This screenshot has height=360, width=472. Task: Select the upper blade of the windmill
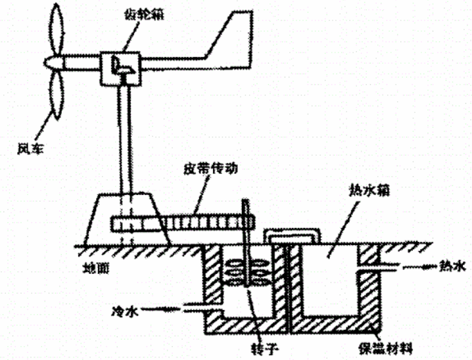[x=55, y=30]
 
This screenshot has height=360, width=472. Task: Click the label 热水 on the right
[x=451, y=265]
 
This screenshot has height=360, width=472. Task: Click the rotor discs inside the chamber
[x=243, y=269]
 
